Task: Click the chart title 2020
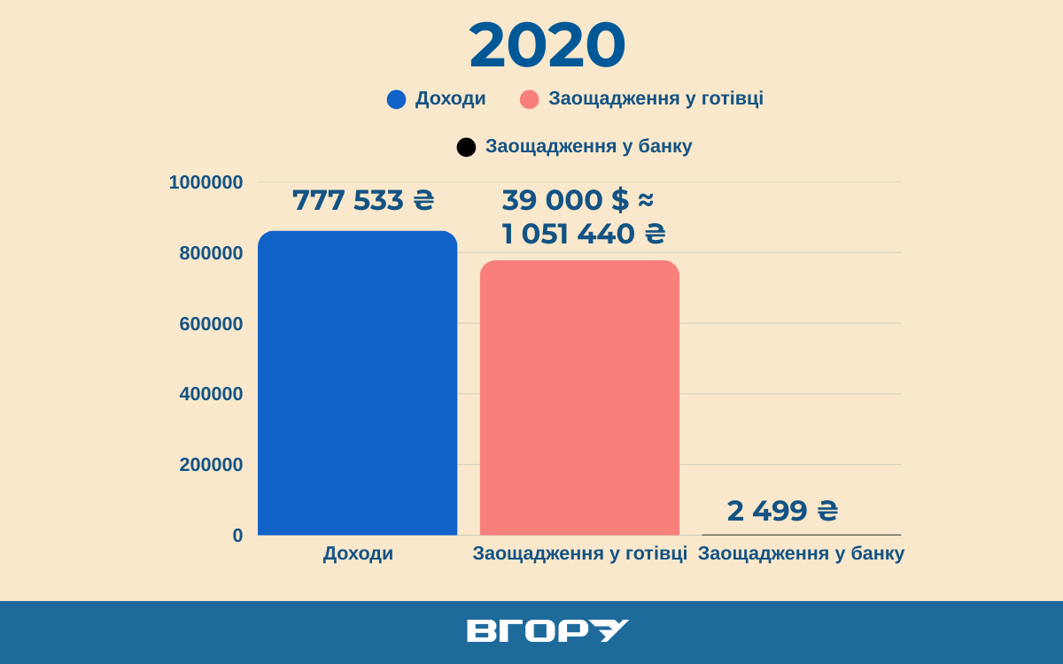click(547, 46)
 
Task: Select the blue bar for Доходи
click(357, 382)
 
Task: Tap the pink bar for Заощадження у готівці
click(579, 398)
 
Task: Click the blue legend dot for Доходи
click(396, 99)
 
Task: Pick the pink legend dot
click(529, 99)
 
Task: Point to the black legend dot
click(466, 147)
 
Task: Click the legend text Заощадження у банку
click(588, 147)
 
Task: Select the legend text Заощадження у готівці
click(656, 98)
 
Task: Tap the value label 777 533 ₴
click(363, 200)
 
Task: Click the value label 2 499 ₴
click(782, 511)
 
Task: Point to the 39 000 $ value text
click(578, 200)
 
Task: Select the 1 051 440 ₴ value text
click(584, 234)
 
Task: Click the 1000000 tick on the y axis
click(206, 182)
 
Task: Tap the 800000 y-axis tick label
click(211, 253)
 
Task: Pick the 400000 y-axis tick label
click(211, 394)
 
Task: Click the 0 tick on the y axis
click(237, 536)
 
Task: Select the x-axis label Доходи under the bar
click(358, 554)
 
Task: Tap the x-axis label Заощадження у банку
click(801, 554)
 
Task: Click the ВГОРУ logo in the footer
click(547, 630)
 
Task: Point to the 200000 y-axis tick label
click(211, 465)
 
